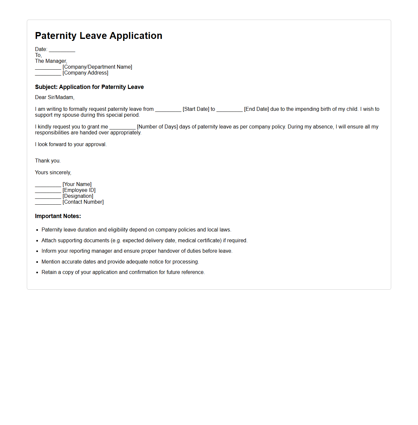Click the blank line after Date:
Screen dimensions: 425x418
coord(62,50)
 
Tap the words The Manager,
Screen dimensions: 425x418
coord(51,61)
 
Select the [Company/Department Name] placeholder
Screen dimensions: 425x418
coord(97,67)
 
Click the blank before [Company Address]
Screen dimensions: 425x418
coord(48,74)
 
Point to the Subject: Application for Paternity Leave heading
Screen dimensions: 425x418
coord(89,87)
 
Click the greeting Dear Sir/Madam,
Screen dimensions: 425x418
coord(55,97)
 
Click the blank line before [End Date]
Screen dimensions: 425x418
coord(229,110)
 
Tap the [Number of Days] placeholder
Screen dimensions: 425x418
coord(157,127)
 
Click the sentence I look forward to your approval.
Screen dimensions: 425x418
coord(71,144)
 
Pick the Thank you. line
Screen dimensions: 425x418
coord(48,161)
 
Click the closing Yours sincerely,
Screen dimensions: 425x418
coord(53,173)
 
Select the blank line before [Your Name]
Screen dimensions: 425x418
coord(48,185)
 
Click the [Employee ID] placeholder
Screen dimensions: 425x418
coord(79,190)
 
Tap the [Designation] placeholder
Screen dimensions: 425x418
coord(78,196)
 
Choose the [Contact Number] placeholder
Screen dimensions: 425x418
coord(83,202)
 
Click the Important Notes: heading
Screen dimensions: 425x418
coord(58,216)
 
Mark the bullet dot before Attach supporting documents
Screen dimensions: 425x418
coord(37,241)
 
